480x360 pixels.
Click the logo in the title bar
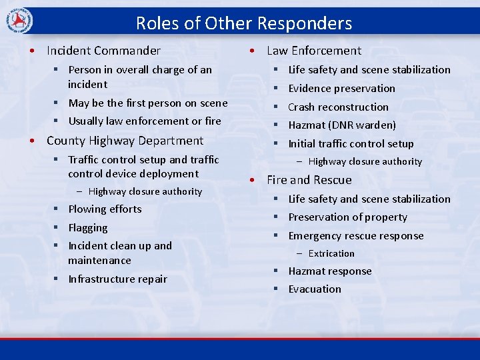click(18, 22)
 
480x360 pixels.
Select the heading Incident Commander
click(103, 51)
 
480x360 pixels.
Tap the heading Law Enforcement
click(314, 51)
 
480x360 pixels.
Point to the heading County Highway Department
click(125, 141)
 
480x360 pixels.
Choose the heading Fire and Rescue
click(309, 180)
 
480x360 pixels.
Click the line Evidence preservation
click(341, 89)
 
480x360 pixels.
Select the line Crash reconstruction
click(338, 107)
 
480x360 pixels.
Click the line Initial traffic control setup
click(351, 144)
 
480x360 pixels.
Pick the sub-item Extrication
click(331, 254)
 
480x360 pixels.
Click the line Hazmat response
click(330, 271)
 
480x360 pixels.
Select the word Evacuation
click(315, 289)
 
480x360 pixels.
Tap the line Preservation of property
click(347, 217)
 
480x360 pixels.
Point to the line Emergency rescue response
click(355, 236)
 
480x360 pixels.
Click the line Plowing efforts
click(105, 209)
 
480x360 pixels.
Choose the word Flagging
click(88, 228)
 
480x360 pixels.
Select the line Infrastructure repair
click(117, 279)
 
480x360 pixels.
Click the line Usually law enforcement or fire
click(145, 121)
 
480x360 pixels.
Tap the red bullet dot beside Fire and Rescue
click(253, 180)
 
